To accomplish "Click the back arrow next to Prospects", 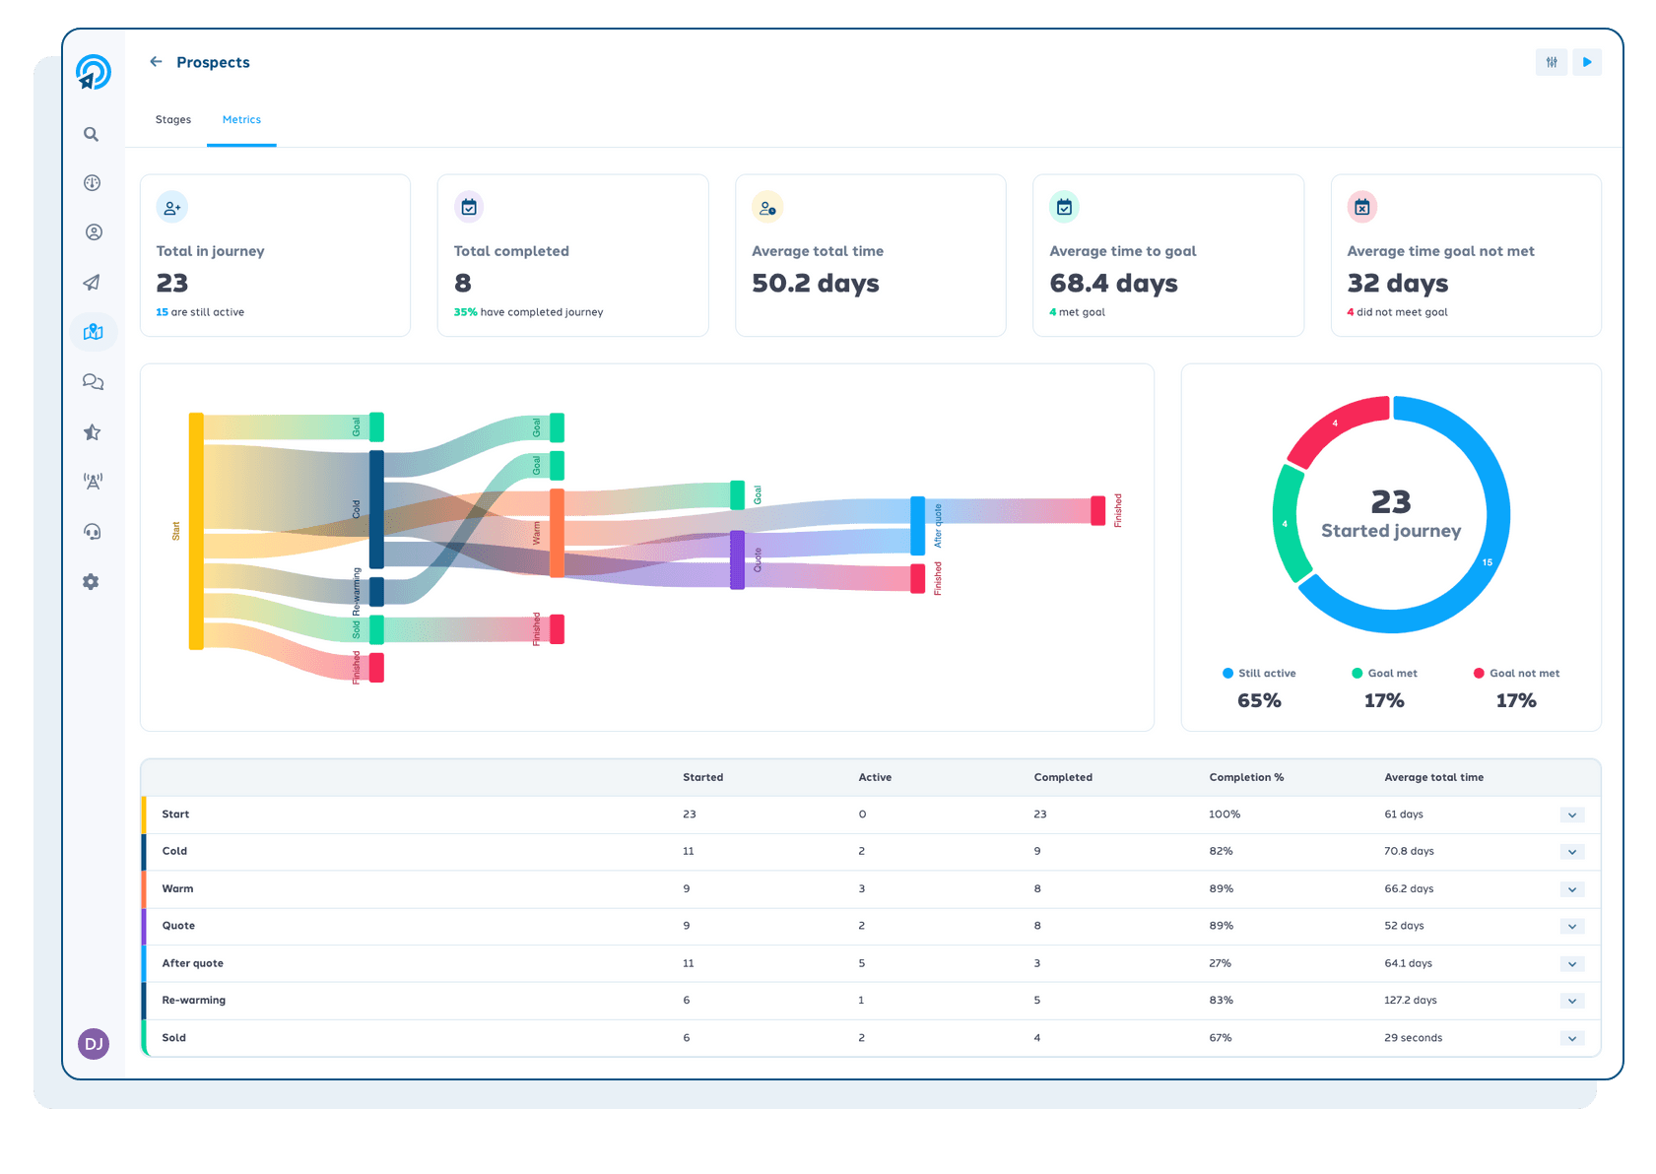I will [x=156, y=62].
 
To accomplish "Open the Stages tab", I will [x=173, y=120].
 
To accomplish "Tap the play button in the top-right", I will [x=1586, y=62].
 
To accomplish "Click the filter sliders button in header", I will [x=1552, y=62].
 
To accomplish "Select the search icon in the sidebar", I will [x=92, y=134].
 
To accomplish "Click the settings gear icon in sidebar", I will [x=92, y=582].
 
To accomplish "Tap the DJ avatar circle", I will [x=94, y=1043].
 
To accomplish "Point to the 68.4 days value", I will [x=1113, y=284].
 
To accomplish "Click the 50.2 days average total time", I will [x=815, y=284].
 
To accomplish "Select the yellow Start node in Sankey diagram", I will [x=196, y=531].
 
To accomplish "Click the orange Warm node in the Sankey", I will [x=557, y=533].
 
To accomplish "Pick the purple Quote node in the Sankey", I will [x=737, y=559].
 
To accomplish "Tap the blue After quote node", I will [x=917, y=526].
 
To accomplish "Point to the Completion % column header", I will [x=1246, y=777].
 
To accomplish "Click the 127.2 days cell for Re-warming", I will [x=1410, y=1001].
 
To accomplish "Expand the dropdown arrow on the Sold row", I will [x=1571, y=1038].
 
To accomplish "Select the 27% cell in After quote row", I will [x=1220, y=963].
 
